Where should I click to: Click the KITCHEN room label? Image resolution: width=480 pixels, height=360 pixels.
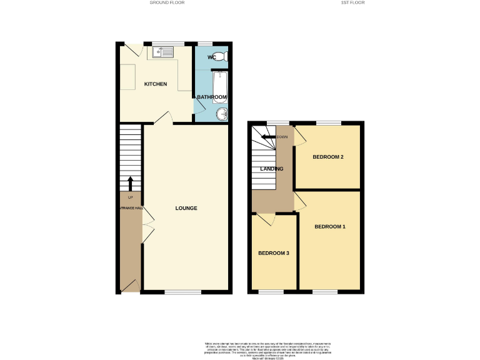click(156, 84)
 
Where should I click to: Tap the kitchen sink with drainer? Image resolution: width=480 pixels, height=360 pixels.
click(162, 52)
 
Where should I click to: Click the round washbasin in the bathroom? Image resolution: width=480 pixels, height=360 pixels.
click(222, 114)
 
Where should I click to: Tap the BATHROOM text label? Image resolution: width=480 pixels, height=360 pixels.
click(212, 97)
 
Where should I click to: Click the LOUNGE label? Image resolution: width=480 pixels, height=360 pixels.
click(186, 208)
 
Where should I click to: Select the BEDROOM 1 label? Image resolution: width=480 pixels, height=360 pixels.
click(329, 226)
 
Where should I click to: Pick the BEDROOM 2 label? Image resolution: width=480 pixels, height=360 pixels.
click(328, 157)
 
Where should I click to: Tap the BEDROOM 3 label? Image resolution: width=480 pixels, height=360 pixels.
click(274, 253)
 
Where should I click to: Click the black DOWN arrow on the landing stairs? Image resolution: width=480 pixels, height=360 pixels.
click(268, 137)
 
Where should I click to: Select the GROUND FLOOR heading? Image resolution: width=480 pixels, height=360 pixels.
click(167, 3)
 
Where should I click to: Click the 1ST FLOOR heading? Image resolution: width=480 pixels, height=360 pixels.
click(352, 3)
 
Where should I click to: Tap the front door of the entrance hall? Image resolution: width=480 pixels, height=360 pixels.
click(131, 286)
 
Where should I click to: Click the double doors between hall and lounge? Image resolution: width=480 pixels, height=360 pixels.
click(147, 224)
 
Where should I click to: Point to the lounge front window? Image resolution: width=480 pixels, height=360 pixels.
click(182, 292)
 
